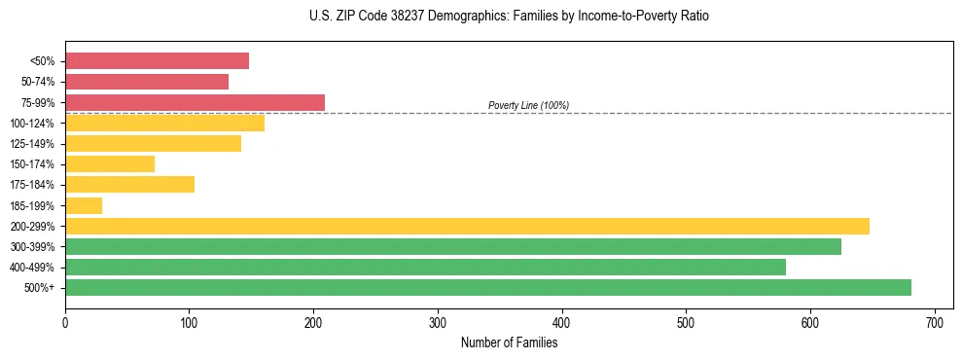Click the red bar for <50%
[x=157, y=61]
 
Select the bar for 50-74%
[x=147, y=82]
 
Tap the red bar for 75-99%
[x=195, y=102]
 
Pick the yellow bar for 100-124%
[x=164, y=123]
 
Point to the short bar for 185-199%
[x=84, y=205]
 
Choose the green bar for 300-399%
[x=453, y=246]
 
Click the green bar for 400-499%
[x=425, y=267]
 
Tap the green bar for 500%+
[x=488, y=287]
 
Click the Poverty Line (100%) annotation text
[x=528, y=105]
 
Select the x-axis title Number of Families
[x=509, y=342]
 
